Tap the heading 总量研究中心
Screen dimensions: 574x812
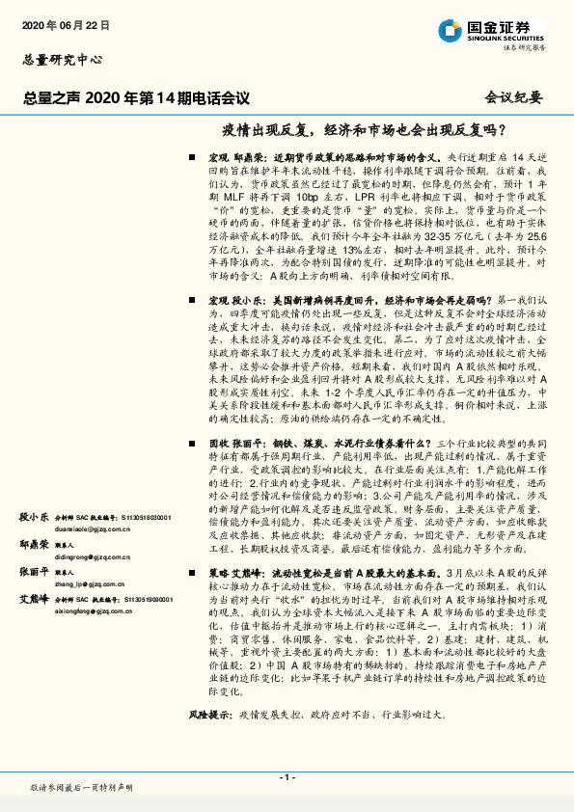(x=62, y=59)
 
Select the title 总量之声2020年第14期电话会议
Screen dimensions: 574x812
(x=136, y=97)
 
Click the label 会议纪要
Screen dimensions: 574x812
(x=514, y=98)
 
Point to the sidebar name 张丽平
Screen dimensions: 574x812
(x=35, y=572)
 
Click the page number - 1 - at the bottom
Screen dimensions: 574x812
(x=287, y=777)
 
